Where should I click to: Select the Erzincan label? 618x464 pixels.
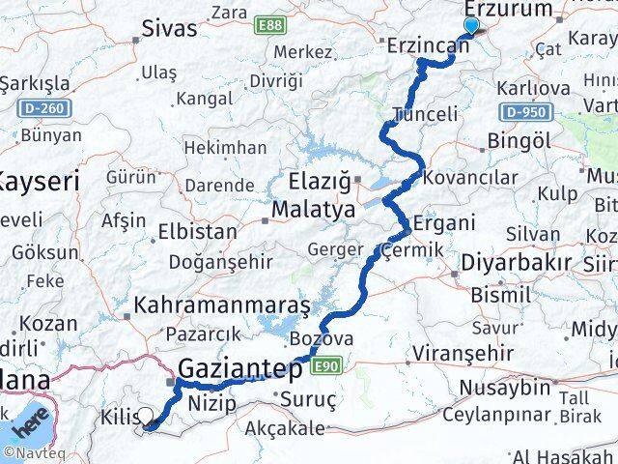point(427,44)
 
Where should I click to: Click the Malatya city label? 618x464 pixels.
point(311,209)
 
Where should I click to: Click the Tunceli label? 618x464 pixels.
point(425,114)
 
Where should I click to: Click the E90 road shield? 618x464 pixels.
point(327,364)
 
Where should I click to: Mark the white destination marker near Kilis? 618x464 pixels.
point(146,418)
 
